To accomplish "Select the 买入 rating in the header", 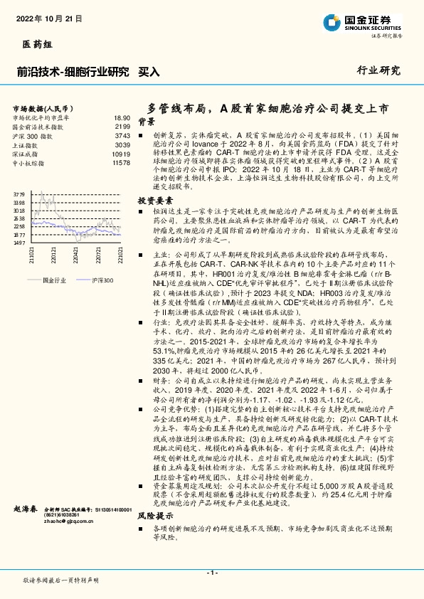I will [148, 72].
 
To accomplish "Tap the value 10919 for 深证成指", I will [121, 154].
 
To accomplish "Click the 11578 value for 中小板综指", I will [121, 163].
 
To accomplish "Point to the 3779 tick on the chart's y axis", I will [18, 194].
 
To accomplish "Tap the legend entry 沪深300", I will [102, 281].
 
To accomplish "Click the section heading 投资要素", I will [156, 201].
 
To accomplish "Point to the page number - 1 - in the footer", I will [211, 572].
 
